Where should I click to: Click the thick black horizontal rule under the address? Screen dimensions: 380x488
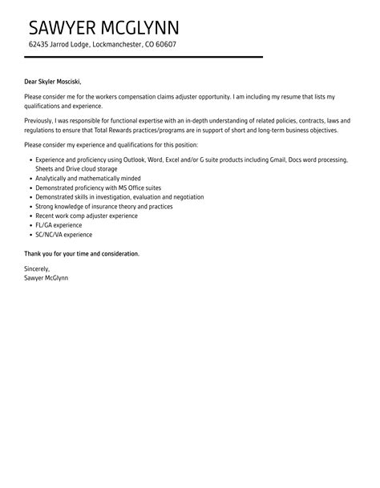pos(144,57)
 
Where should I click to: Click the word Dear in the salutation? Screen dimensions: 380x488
pos(32,81)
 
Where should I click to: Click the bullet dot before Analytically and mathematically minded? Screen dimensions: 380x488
pos(30,179)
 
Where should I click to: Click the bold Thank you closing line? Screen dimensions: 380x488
pos(82,253)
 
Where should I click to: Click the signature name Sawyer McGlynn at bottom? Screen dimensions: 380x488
pos(46,278)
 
